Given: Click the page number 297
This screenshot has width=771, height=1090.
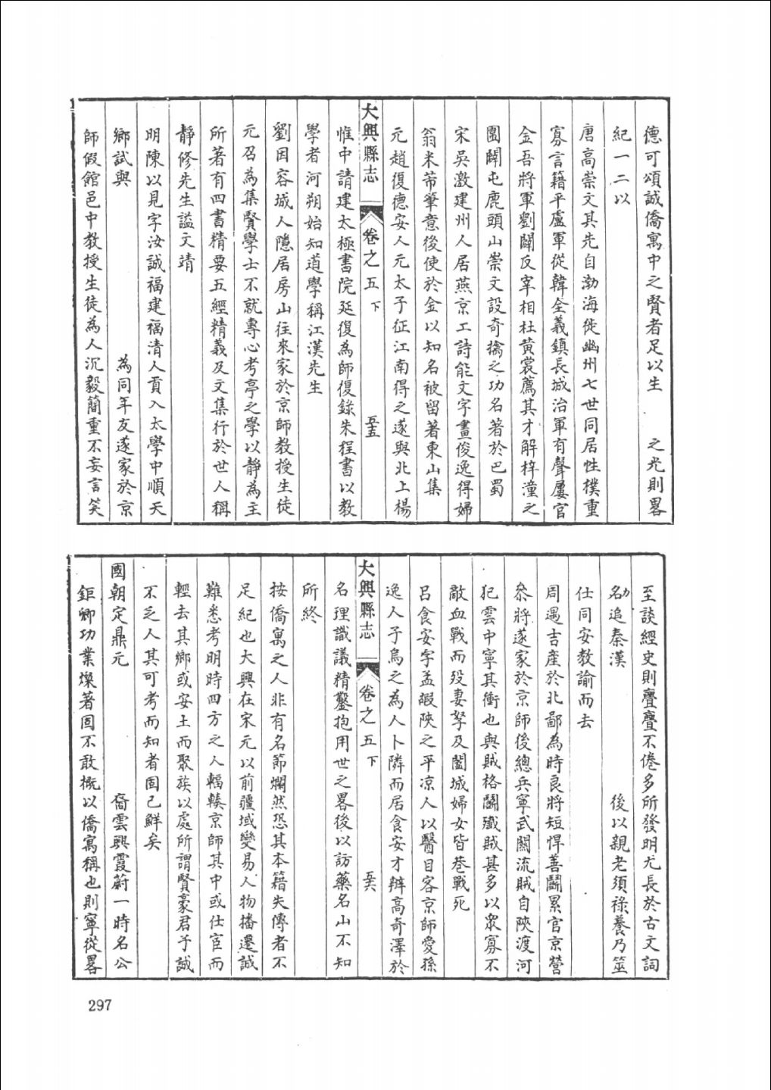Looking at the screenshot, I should tap(100, 1005).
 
